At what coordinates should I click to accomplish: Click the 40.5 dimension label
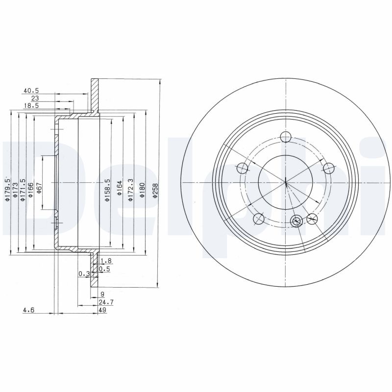point(31,91)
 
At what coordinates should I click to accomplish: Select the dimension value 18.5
point(31,105)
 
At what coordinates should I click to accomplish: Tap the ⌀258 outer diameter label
point(155,190)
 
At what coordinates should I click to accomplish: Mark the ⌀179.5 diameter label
point(7,189)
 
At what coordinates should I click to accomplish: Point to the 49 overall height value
point(102,310)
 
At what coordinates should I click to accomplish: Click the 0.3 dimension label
point(83,273)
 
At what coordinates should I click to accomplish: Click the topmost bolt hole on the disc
point(285,138)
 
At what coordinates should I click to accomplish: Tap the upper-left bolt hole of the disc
point(242,169)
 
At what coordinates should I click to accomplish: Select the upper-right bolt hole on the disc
point(328,168)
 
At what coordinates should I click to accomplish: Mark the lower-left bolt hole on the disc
point(259,219)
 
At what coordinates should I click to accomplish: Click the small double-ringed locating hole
point(296,221)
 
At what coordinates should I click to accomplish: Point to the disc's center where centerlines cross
point(285,183)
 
